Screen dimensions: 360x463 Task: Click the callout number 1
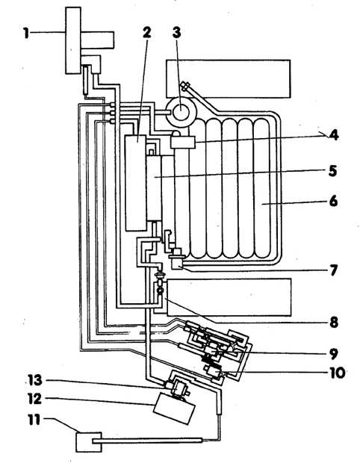point(27,33)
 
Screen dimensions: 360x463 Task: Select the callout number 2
point(147,32)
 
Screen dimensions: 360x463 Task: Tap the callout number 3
point(176,32)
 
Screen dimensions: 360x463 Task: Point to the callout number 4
point(333,135)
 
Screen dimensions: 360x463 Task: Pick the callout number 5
point(332,171)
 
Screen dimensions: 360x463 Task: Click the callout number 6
point(333,202)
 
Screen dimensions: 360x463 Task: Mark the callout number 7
point(333,270)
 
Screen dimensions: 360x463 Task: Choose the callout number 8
point(334,323)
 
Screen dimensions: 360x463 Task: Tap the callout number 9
point(334,354)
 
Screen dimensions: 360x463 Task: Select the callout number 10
point(337,373)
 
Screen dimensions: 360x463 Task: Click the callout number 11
point(34,420)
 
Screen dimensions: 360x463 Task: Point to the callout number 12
point(34,400)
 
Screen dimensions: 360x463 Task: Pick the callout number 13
point(34,380)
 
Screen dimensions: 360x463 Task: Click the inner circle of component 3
point(181,112)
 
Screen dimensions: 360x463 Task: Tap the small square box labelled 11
point(89,442)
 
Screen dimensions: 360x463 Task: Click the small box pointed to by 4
point(183,143)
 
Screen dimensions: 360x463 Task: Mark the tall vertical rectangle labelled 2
point(135,183)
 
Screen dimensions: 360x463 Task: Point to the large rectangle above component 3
point(229,79)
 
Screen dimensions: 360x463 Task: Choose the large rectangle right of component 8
point(229,297)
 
